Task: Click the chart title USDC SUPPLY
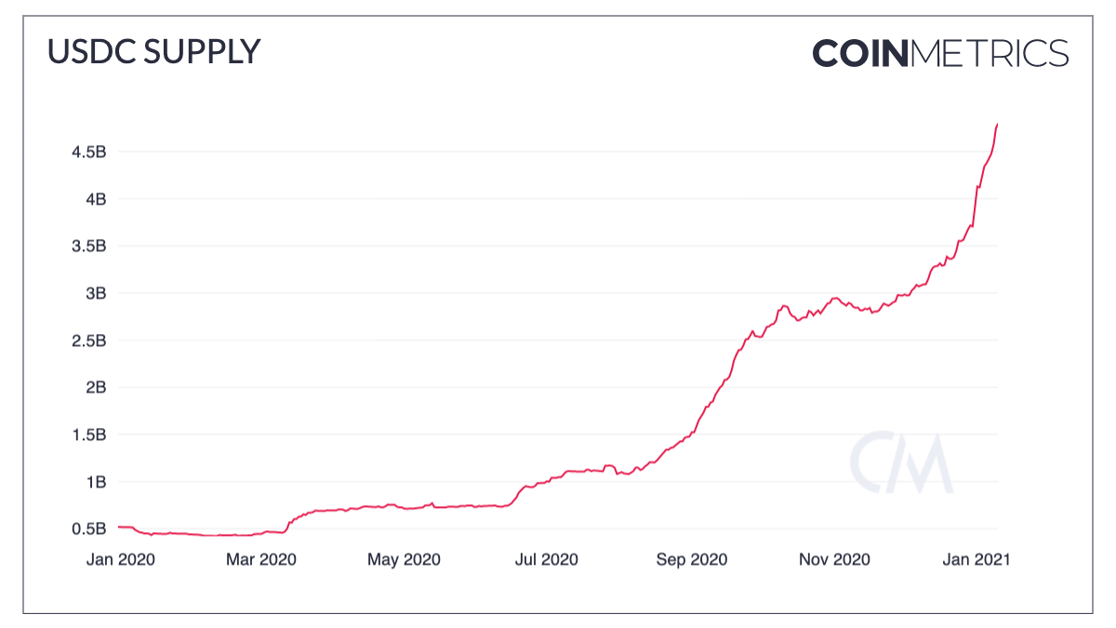tap(153, 52)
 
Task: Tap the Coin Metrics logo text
tap(940, 53)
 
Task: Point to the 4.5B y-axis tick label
tap(89, 152)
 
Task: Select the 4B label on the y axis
tap(96, 199)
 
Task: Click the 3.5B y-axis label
tap(89, 247)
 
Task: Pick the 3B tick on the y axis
tap(96, 293)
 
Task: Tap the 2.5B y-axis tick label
tap(89, 341)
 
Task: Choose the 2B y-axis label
tap(96, 388)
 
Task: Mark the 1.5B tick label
tap(89, 434)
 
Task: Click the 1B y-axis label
tap(96, 482)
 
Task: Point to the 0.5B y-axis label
tap(89, 529)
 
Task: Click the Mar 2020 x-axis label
tap(260, 559)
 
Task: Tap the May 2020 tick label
tap(404, 559)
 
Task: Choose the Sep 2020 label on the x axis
tap(691, 559)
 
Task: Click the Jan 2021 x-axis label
tap(976, 559)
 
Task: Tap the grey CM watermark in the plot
tap(900, 462)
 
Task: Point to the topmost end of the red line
tap(997, 124)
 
